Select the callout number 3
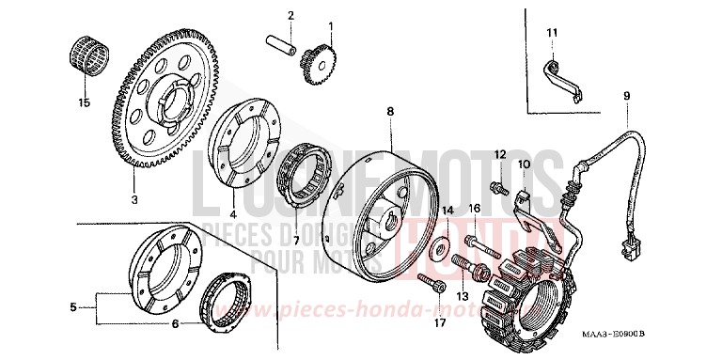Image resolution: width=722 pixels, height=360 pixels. pyautogui.click(x=134, y=200)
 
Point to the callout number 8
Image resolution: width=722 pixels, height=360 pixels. pyautogui.click(x=390, y=112)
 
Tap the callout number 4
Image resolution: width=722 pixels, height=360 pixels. pyautogui.click(x=233, y=200)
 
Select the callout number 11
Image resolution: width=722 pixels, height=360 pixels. pyautogui.click(x=553, y=35)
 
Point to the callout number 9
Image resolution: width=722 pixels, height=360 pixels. pyautogui.click(x=625, y=96)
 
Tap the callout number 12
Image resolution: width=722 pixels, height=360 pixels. pyautogui.click(x=501, y=154)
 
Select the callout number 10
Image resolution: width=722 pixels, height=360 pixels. pyautogui.click(x=526, y=164)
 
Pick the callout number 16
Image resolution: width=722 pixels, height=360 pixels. pyautogui.click(x=475, y=208)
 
